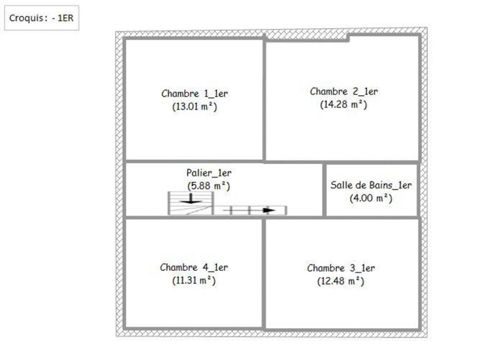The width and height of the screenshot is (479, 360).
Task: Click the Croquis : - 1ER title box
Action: pyautogui.click(x=42, y=18)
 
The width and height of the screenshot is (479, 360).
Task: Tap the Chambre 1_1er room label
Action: pyautogui.click(x=194, y=93)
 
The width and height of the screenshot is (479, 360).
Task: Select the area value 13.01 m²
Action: pyautogui.click(x=194, y=107)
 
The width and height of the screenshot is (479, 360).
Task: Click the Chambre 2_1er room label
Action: pyautogui.click(x=343, y=91)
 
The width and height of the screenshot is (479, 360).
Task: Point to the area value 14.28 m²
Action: pyautogui.click(x=343, y=104)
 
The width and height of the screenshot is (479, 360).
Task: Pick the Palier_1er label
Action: pyautogui.click(x=209, y=173)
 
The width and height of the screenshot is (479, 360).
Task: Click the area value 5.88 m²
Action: pyautogui.click(x=209, y=186)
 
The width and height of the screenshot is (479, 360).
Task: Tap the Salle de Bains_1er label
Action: pyautogui.click(x=371, y=185)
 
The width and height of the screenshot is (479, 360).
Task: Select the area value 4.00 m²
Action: pyautogui.click(x=371, y=198)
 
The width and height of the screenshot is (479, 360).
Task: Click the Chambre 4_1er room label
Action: pyautogui.click(x=194, y=268)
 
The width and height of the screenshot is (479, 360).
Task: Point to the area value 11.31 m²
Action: pyautogui.click(x=194, y=281)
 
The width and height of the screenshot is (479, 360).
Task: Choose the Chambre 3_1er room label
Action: pyautogui.click(x=341, y=268)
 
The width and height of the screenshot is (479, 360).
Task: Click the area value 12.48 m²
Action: pyautogui.click(x=341, y=281)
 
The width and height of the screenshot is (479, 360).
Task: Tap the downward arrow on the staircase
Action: pyautogui.click(x=191, y=199)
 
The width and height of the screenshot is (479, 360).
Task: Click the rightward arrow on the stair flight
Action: pyautogui.click(x=249, y=210)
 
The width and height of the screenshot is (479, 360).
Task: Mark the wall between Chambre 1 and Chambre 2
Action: pyautogui.click(x=264, y=98)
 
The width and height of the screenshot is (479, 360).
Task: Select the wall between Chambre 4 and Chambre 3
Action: pyautogui.click(x=263, y=273)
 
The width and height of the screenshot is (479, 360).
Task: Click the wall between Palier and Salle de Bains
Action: pyautogui.click(x=324, y=190)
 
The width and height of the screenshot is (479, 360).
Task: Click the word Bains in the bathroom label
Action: pyautogui.click(x=381, y=185)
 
